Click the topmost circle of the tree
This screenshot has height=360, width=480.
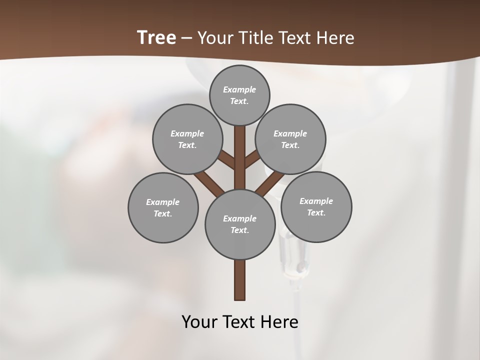[x=239, y=95]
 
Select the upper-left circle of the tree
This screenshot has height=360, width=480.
[x=187, y=139]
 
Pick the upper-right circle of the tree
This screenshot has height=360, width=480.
[x=290, y=139]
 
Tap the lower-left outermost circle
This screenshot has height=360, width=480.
[x=163, y=207]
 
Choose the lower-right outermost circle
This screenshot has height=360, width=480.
[x=316, y=206]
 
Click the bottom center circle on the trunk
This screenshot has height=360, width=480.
[x=240, y=224]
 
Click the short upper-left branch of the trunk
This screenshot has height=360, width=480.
[x=226, y=159]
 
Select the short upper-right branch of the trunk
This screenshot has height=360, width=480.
[x=252, y=159]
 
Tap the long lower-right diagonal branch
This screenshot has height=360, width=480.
[x=270, y=182]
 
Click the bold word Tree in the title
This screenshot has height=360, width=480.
[x=156, y=37]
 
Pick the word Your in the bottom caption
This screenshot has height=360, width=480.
[x=199, y=321]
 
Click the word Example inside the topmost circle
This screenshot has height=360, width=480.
[x=239, y=89]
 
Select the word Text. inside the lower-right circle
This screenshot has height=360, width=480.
[x=316, y=212]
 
